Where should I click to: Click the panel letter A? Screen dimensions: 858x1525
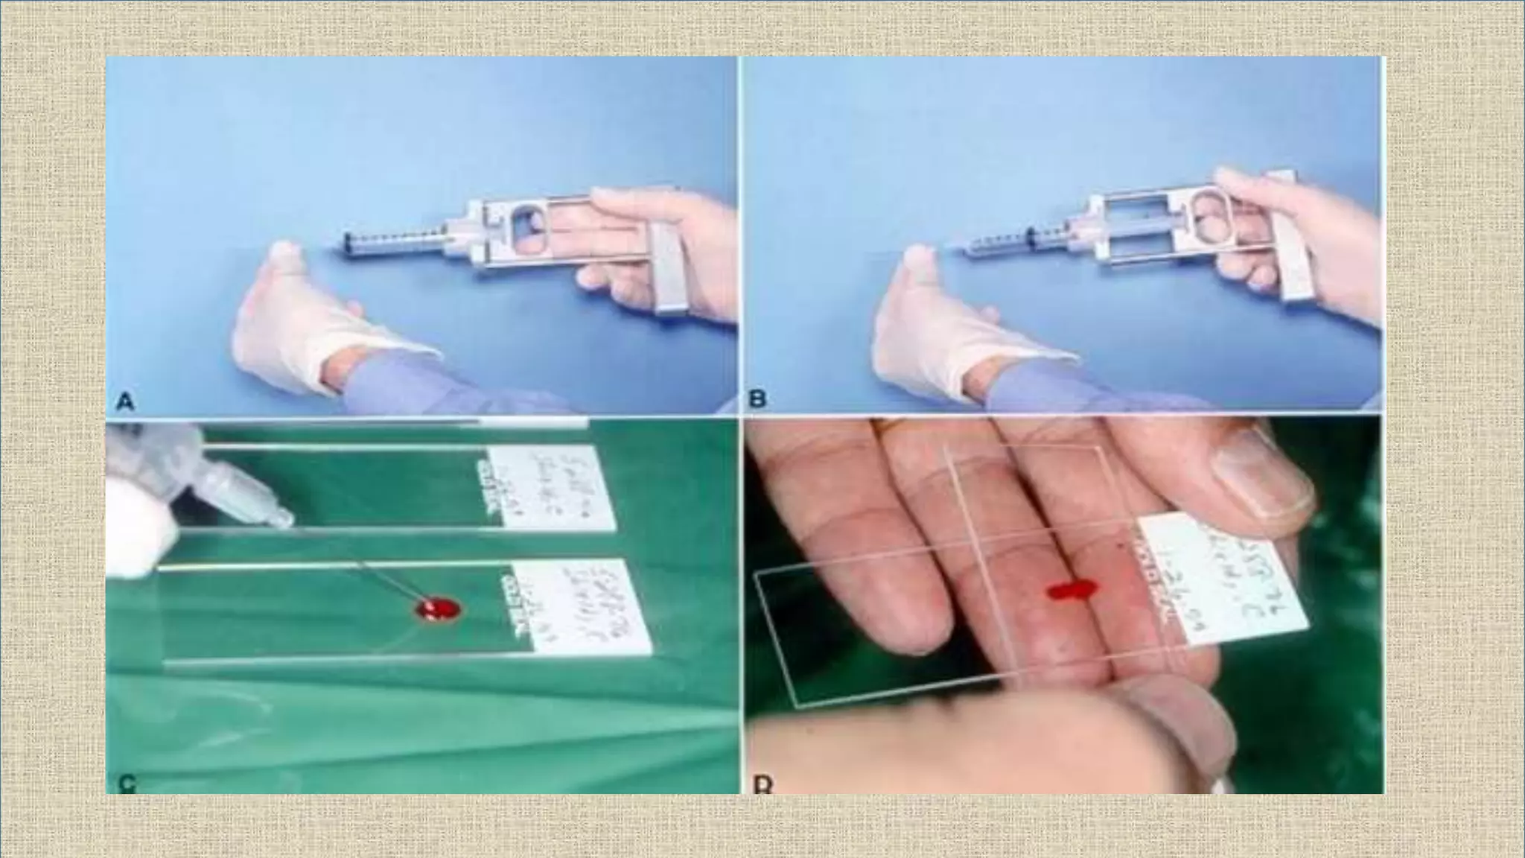[125, 403]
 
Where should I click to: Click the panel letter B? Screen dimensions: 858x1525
[757, 399]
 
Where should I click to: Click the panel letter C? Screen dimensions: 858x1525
[127, 783]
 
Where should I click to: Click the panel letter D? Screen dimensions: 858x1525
[762, 784]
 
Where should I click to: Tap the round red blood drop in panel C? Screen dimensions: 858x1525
[438, 610]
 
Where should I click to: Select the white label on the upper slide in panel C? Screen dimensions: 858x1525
[551, 489]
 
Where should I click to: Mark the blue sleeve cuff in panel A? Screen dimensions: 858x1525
[402, 384]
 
